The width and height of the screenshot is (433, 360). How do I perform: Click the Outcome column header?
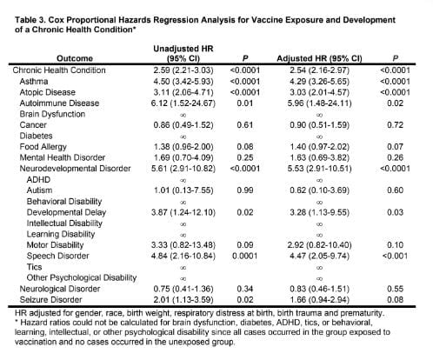click(75, 58)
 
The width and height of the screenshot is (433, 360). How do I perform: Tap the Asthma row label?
click(34, 82)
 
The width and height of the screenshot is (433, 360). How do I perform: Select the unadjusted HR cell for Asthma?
click(183, 82)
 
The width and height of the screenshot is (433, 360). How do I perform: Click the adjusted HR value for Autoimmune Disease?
click(319, 103)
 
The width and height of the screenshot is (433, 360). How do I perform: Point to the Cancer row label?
click(33, 125)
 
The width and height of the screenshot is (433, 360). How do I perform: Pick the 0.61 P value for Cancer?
click(245, 125)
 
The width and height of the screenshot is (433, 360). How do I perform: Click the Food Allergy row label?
click(43, 147)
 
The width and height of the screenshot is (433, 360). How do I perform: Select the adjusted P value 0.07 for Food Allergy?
click(395, 147)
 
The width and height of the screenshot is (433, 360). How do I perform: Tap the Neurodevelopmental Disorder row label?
click(75, 169)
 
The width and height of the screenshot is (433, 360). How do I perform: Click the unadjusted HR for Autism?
click(183, 190)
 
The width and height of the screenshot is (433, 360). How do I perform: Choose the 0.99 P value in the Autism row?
click(245, 190)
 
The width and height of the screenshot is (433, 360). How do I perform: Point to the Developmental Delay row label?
click(66, 212)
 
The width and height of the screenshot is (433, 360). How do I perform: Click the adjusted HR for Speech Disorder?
click(319, 257)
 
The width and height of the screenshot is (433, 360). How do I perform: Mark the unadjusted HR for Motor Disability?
click(183, 245)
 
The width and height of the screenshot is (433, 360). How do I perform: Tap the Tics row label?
click(34, 267)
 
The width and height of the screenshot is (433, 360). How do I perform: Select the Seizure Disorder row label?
click(50, 300)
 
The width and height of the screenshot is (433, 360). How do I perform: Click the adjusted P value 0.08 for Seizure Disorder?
click(395, 300)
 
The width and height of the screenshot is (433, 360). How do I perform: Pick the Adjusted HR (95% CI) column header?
click(319, 58)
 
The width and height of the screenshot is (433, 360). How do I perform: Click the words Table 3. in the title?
click(30, 20)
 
